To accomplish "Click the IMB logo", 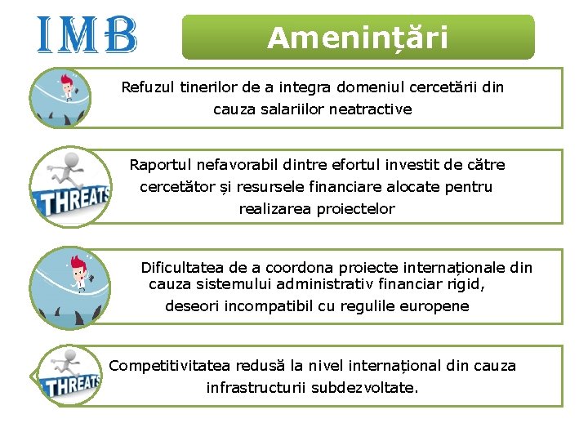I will click(x=87, y=35).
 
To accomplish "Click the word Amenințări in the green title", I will click(x=358, y=38).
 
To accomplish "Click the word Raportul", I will click(x=158, y=165).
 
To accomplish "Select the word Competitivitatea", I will click(x=170, y=366).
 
